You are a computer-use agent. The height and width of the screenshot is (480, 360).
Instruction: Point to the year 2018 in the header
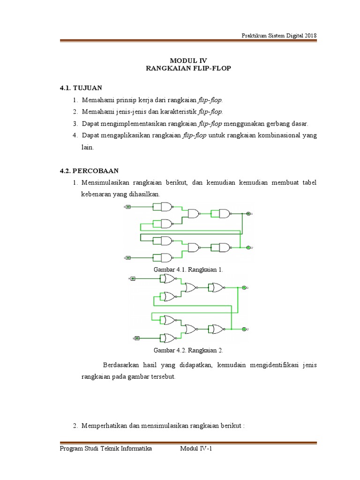pos(310,35)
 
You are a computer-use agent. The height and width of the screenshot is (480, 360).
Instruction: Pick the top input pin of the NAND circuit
pos(127,207)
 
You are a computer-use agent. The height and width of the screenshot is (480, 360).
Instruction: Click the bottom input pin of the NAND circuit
pos(127,257)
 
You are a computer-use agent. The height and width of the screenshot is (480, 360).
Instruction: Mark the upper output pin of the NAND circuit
pos(248,214)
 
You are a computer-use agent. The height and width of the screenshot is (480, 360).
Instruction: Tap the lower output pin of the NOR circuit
pos(244,330)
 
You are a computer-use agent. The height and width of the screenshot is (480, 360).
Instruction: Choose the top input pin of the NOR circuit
pos(133,279)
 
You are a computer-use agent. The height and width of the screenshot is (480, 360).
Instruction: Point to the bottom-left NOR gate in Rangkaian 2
pos(167,338)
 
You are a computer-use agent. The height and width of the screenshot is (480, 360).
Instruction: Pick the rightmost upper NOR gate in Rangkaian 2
pos(218,287)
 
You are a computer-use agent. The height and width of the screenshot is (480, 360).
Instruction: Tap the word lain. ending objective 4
pos(88,147)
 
